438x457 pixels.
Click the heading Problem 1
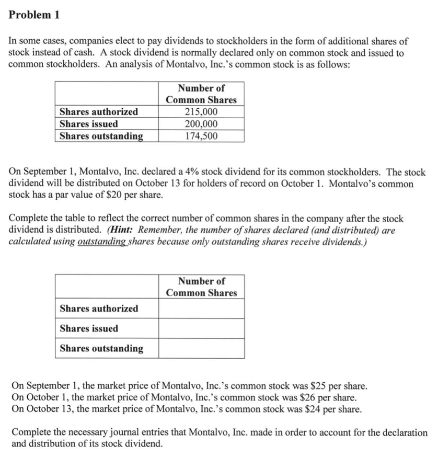(x=34, y=15)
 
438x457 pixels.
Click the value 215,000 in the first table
(x=201, y=112)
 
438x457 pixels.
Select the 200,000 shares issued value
(x=201, y=124)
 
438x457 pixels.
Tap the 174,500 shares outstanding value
(x=201, y=136)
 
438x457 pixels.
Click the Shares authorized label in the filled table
(x=99, y=112)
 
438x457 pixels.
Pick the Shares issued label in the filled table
(x=88, y=124)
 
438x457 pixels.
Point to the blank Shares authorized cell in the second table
(x=201, y=309)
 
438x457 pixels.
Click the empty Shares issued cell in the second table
(x=201, y=328)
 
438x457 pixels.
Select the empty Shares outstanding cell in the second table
(x=201, y=348)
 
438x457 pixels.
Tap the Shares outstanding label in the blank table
(x=101, y=348)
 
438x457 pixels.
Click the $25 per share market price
(x=319, y=387)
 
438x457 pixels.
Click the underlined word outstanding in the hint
(x=100, y=242)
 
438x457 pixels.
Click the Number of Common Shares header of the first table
(x=201, y=94)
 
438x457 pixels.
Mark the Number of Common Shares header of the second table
(x=201, y=287)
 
